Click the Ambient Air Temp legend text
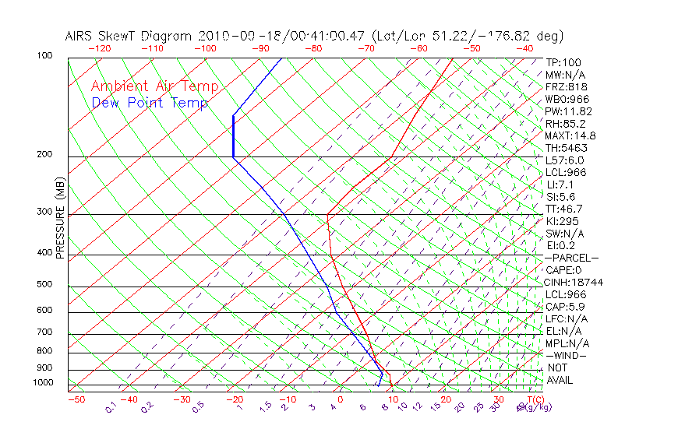tap(154, 86)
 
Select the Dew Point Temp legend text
tap(150, 103)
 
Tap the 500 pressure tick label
tap(44, 284)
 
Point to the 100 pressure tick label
tap(44, 56)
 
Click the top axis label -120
tap(99, 48)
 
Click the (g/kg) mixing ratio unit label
tap(530, 407)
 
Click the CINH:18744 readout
tap(574, 282)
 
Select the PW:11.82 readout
tap(567, 111)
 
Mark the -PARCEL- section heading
tap(571, 258)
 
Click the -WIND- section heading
tap(567, 355)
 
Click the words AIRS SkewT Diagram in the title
tap(129, 37)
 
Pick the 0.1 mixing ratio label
tap(111, 408)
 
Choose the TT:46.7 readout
tap(564, 209)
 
